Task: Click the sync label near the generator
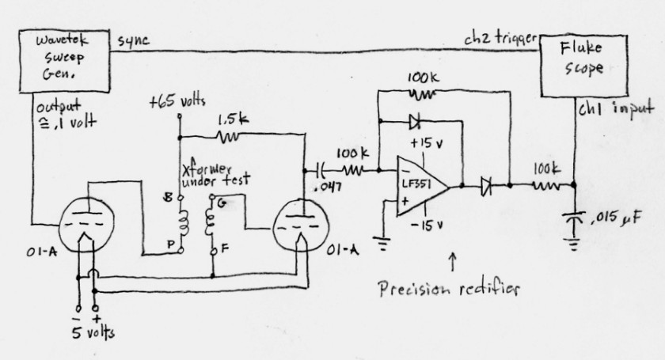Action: pyautogui.click(x=134, y=40)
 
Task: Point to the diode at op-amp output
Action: pyautogui.click(x=485, y=187)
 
